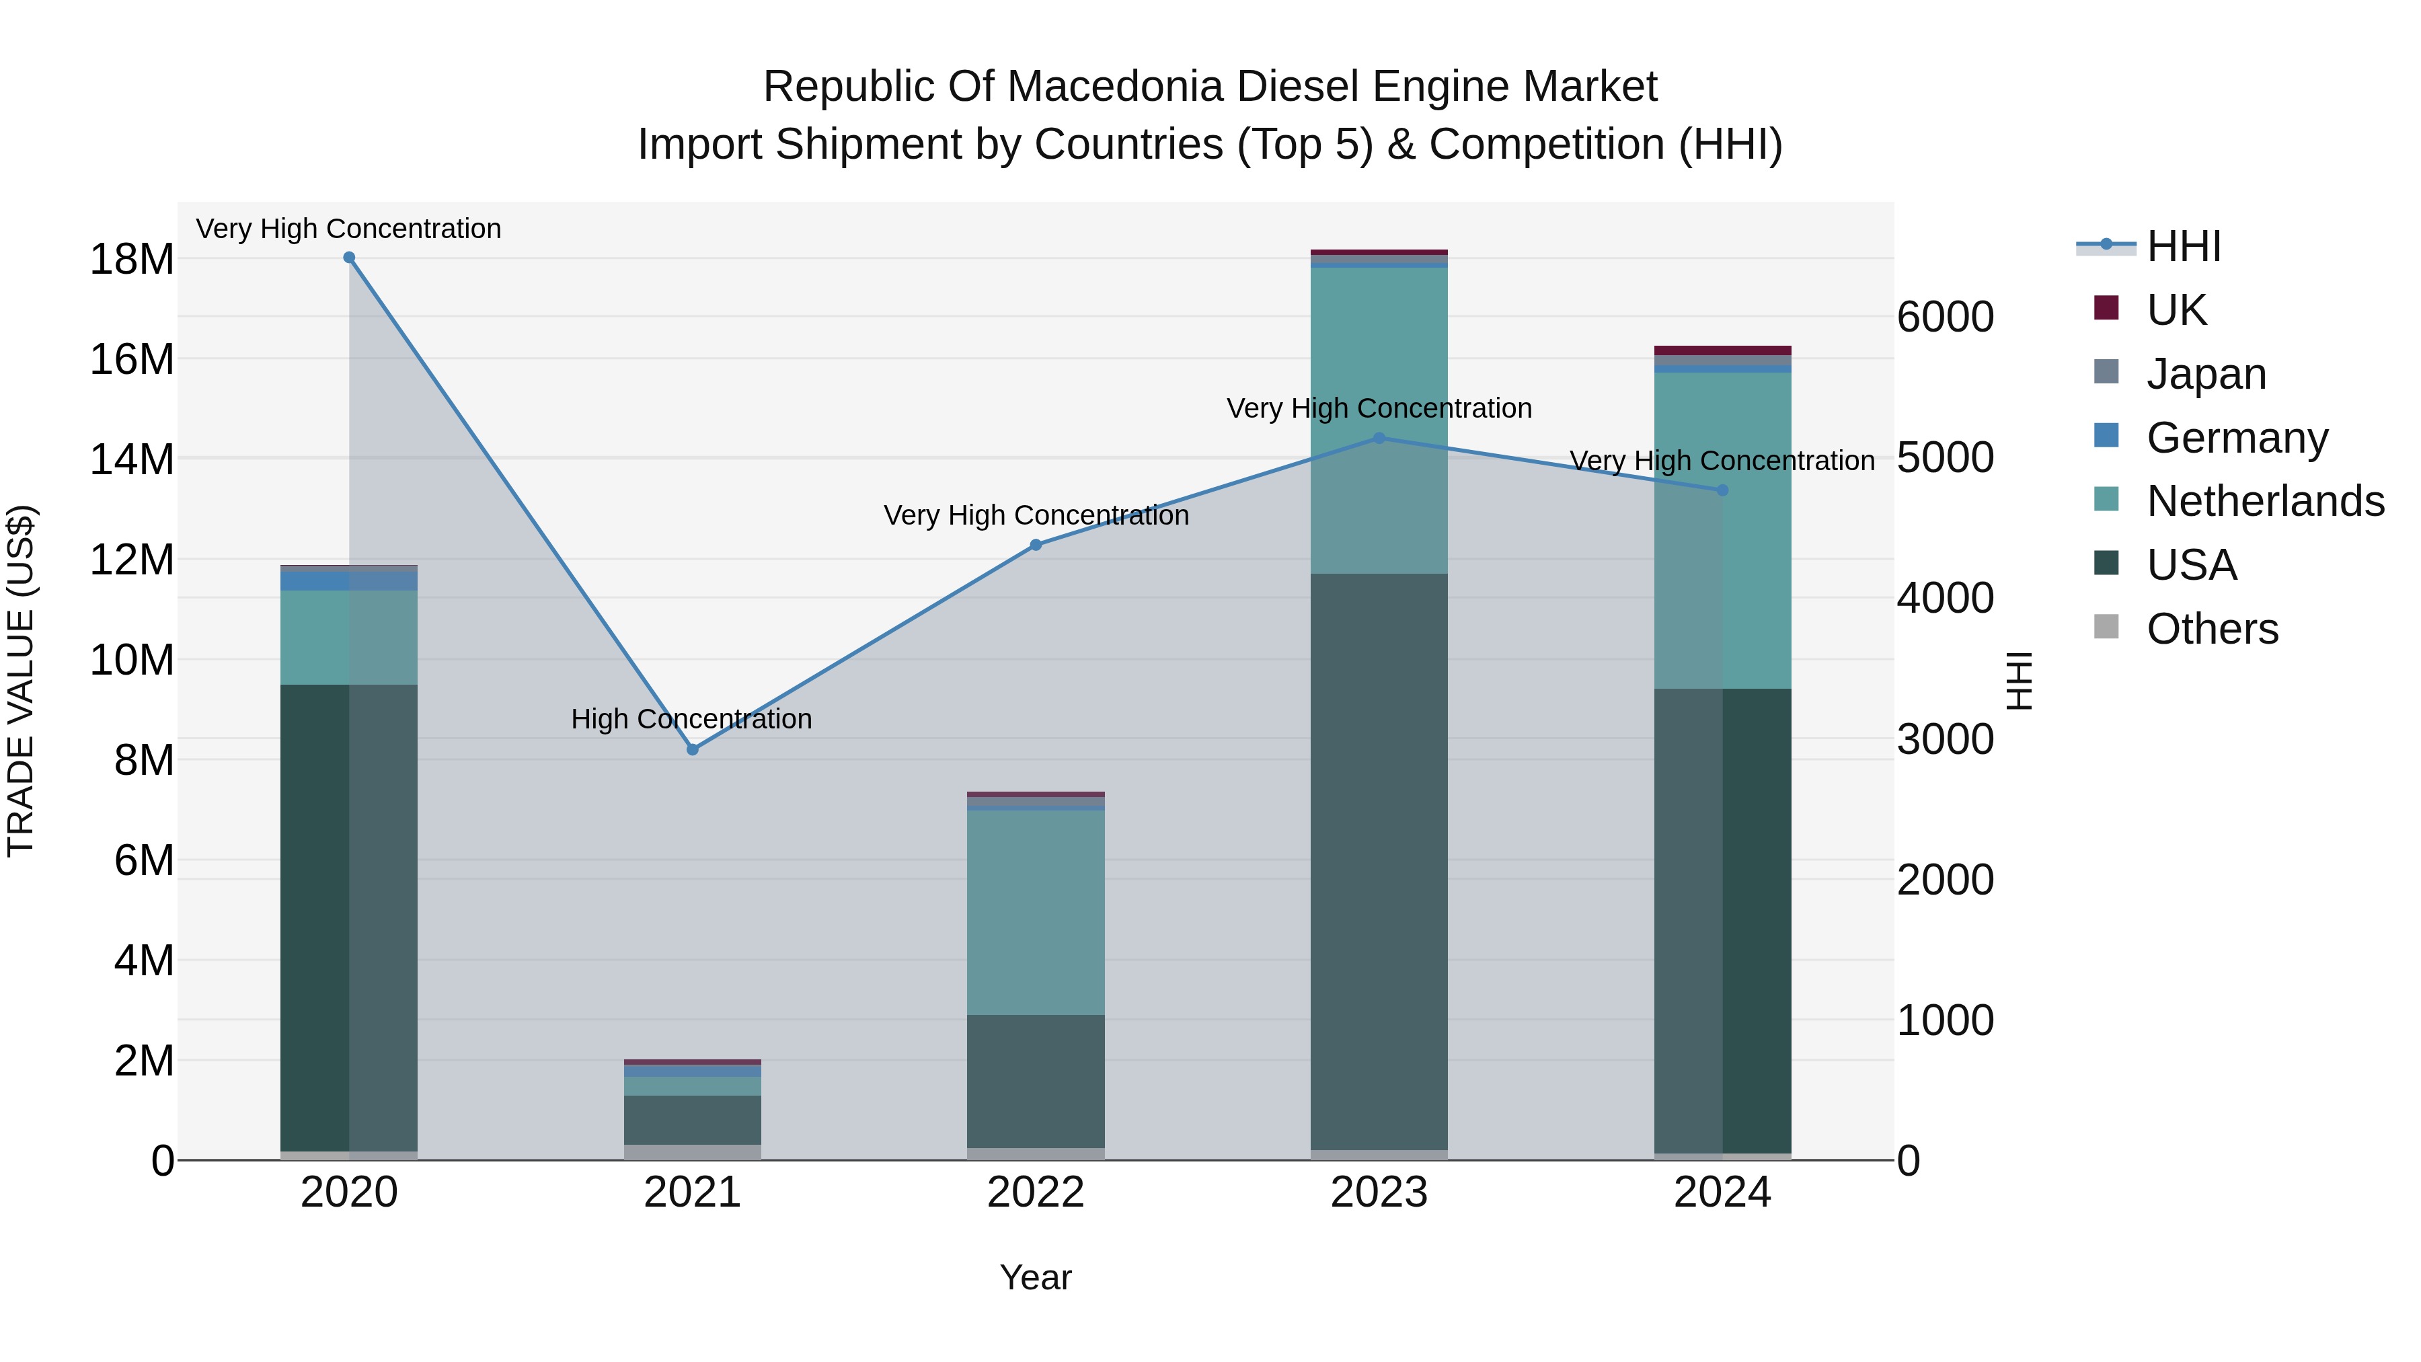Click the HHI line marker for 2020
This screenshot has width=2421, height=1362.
pyautogui.click(x=348, y=258)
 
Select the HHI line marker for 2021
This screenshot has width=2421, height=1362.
pyautogui.click(x=693, y=749)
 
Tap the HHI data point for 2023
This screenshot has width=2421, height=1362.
pyautogui.click(x=1379, y=438)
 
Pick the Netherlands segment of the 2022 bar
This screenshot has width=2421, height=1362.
pyautogui.click(x=1036, y=912)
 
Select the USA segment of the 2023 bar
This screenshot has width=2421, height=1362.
pyautogui.click(x=1379, y=860)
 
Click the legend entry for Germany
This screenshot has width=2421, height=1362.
pyautogui.click(x=2237, y=438)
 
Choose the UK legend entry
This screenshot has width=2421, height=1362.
pyautogui.click(x=2176, y=310)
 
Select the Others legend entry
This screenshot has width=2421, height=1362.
pyautogui.click(x=2211, y=629)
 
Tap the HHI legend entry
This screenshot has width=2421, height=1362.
pyautogui.click(x=2183, y=246)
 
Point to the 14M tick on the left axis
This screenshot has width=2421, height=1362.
pyautogui.click(x=132, y=459)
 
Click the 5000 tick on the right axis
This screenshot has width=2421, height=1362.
pyautogui.click(x=1944, y=458)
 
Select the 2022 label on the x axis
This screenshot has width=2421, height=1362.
pyautogui.click(x=1036, y=1193)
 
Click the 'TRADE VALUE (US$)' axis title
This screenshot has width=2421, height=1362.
pyautogui.click(x=21, y=681)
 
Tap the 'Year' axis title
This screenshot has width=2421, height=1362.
pyautogui.click(x=1036, y=1277)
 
